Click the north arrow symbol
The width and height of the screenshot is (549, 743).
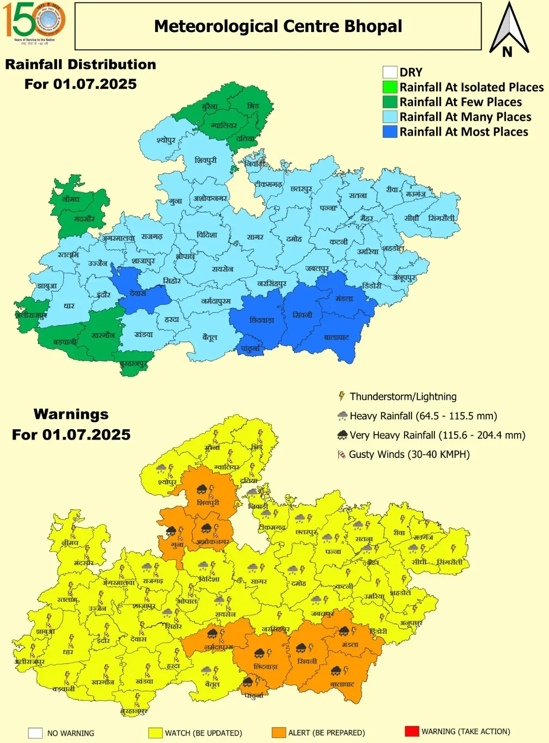[509, 29]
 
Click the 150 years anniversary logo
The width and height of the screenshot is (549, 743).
[34, 21]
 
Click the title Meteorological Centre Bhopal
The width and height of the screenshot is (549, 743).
[278, 26]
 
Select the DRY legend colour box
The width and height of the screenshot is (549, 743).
[390, 72]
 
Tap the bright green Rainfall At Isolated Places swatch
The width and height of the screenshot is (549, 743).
[390, 87]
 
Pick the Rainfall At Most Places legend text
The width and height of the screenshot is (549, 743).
[464, 132]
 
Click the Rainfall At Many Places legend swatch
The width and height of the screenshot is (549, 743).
[390, 117]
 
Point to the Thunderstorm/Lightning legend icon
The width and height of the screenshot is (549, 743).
[341, 396]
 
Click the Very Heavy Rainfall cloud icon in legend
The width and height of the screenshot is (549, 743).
[342, 435]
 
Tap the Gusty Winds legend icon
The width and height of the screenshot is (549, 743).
[341, 455]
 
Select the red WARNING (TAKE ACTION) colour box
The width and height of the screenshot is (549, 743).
[412, 731]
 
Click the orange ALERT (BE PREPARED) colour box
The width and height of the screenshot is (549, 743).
[279, 733]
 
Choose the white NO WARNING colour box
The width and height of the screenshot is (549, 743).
[35, 733]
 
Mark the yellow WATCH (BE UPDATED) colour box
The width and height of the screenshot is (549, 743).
[155, 733]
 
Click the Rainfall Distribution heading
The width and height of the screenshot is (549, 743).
[80, 65]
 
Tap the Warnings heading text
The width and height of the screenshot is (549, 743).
[71, 414]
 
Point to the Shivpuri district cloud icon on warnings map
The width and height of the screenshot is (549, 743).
[202, 489]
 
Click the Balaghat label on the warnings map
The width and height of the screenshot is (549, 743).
[342, 684]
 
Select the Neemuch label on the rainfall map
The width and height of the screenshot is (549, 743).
[71, 199]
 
